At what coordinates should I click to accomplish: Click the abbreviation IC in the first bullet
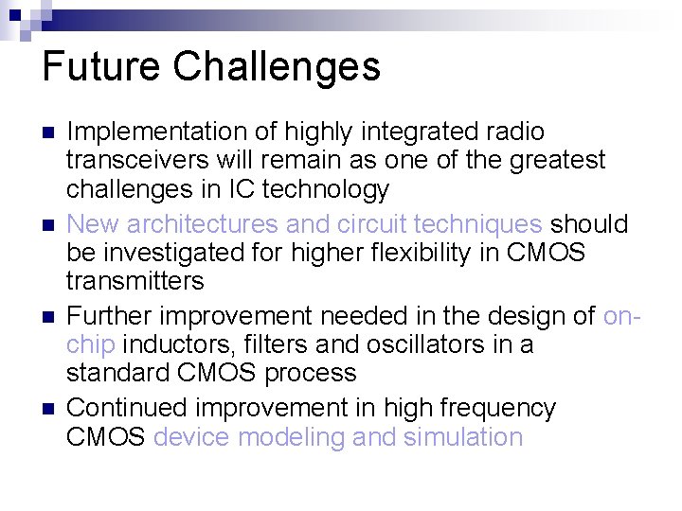241,190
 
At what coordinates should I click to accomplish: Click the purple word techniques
478,224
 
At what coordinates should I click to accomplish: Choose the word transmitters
135,282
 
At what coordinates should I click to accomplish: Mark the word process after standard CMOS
311,374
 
